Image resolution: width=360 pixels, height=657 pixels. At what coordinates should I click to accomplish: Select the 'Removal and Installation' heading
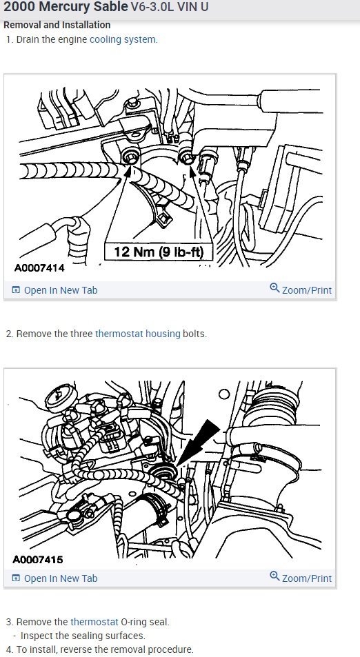[57, 25]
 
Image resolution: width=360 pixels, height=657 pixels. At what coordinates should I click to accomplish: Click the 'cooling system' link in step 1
[123, 39]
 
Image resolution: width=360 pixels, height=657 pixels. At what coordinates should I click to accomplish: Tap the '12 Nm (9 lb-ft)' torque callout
[158, 252]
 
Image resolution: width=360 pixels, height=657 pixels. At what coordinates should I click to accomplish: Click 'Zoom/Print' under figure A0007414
[306, 290]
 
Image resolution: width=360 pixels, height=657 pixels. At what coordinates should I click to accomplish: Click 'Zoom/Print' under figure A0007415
[306, 578]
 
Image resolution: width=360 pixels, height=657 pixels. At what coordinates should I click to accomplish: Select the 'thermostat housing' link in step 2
[137, 334]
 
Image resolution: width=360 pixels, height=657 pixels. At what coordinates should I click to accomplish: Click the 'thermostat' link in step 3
[97, 622]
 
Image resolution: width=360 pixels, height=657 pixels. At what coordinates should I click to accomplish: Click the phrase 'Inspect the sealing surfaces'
[83, 636]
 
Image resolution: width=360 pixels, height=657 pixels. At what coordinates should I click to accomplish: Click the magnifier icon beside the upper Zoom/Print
[274, 289]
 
